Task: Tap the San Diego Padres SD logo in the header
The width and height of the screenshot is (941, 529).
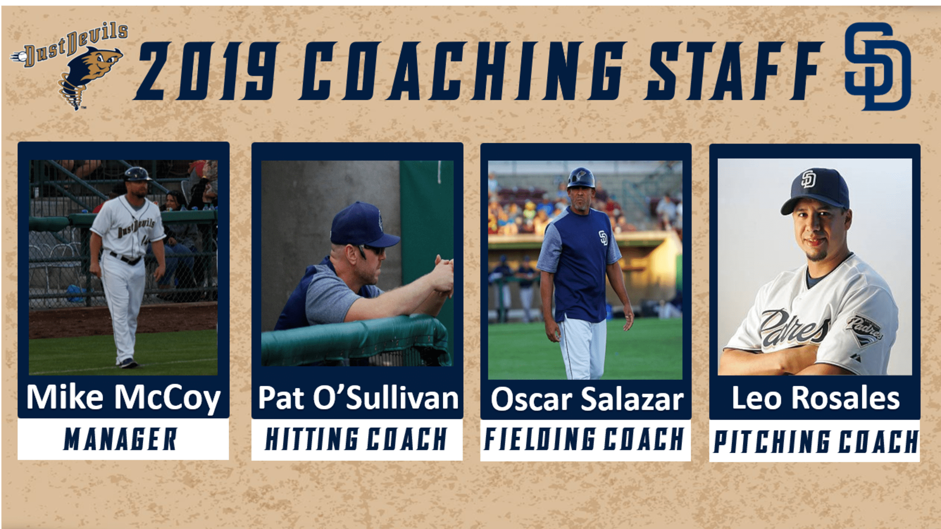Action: (877, 66)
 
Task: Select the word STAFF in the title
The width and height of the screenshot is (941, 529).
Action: (733, 71)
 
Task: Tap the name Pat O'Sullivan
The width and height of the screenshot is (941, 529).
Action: (358, 398)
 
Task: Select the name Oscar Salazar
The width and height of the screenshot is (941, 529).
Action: (587, 399)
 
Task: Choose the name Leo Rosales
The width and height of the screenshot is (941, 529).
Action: (815, 398)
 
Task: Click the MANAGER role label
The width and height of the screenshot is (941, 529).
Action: (121, 439)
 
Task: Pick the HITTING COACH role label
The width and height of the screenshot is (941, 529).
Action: (356, 439)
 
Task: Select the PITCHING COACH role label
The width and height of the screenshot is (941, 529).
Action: (816, 441)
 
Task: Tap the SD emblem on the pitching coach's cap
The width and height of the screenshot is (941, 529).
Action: (808, 179)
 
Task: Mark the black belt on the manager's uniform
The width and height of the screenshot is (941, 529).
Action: (126, 258)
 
